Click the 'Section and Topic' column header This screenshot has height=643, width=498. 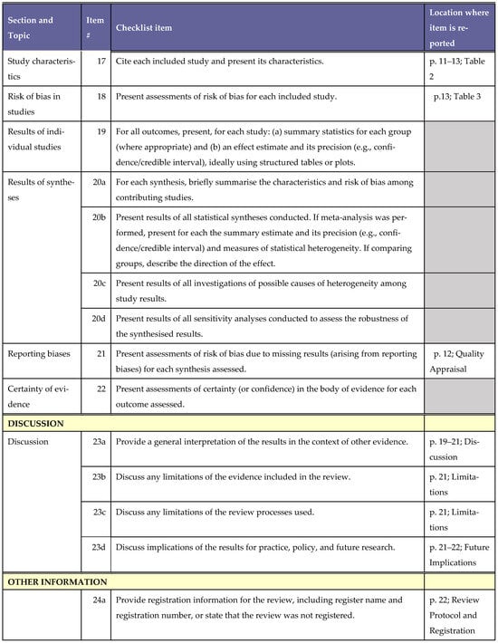pyautogui.click(x=31, y=28)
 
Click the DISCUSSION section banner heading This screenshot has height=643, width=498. pyautogui.click(x=39, y=423)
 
